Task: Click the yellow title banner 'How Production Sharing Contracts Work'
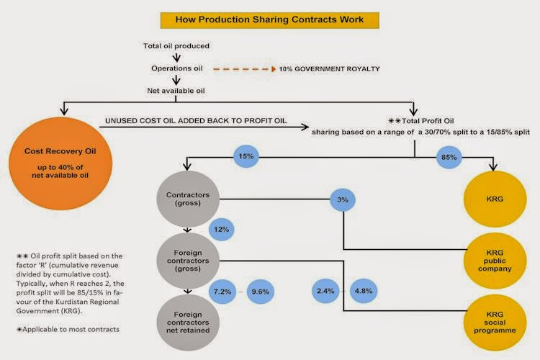pos(270,20)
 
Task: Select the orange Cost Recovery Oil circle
pos(60,163)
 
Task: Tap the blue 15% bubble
pos(246,156)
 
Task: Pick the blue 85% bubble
pos(449,158)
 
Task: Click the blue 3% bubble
pos(343,200)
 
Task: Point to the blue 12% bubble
pos(222,230)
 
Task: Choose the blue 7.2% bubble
pos(222,292)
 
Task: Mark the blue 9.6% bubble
pos(261,292)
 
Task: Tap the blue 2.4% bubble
pos(325,291)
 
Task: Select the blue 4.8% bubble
pos(364,291)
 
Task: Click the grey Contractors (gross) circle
pos(188,199)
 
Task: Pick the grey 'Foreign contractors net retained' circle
pos(188,323)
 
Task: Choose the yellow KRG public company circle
pos(495,261)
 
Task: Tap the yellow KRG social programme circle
pos(495,323)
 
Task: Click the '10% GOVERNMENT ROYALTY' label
pos(329,69)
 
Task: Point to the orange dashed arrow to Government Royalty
pos(245,69)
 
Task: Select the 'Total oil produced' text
pos(176,46)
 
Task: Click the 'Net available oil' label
pos(176,91)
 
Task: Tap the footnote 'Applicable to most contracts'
pos(68,329)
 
